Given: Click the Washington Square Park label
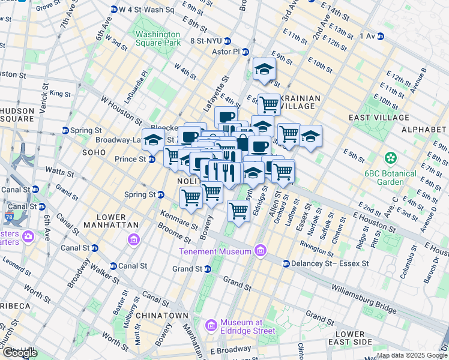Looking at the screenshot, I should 158,38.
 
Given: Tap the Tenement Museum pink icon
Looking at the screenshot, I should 260,250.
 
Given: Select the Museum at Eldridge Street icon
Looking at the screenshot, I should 211,326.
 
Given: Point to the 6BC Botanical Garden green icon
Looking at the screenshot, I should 391,158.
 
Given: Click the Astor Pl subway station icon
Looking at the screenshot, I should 246,52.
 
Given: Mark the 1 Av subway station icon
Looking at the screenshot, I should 380,37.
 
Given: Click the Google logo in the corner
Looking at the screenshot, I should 20,353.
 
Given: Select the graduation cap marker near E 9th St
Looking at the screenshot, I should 264,71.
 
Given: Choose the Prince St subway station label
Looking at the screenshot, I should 130,159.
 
